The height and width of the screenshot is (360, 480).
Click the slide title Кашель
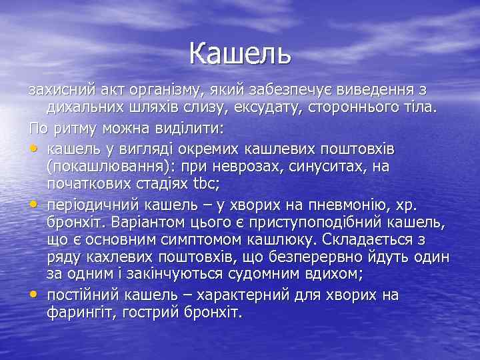[x=240, y=53]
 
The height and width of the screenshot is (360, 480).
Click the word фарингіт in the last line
[x=79, y=312]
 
